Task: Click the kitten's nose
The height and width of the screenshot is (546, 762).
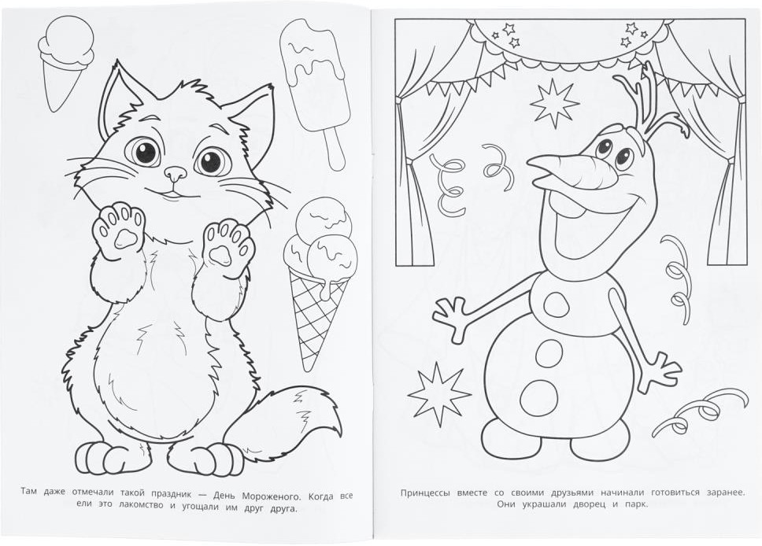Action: coord(176,172)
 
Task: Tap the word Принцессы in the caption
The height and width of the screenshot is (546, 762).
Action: coord(426,493)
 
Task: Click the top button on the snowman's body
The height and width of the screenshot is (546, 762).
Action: coord(556,305)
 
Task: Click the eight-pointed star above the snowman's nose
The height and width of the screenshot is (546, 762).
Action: coord(554,103)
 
